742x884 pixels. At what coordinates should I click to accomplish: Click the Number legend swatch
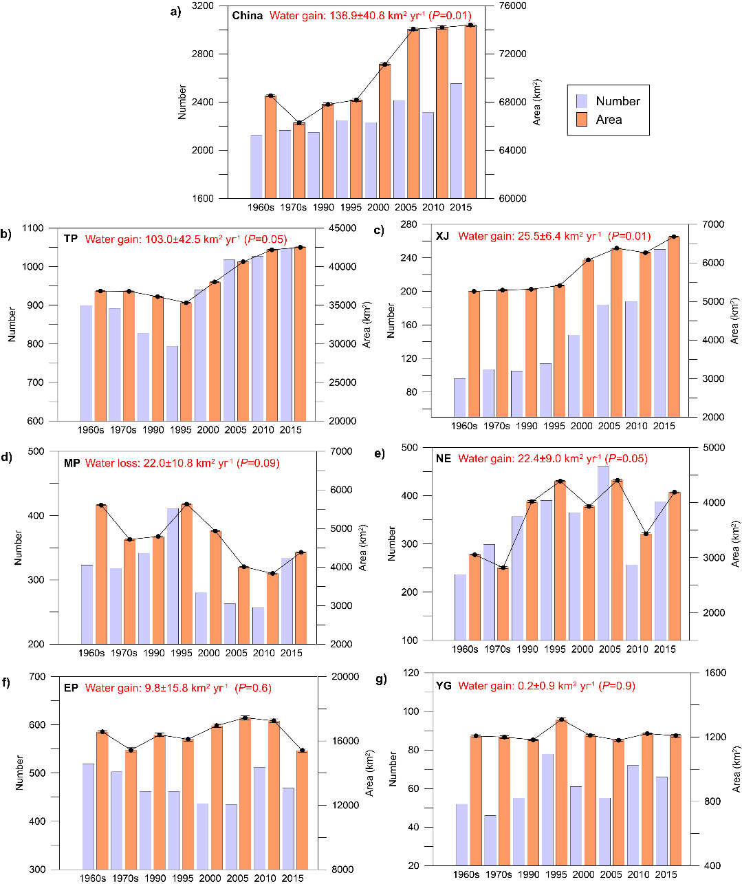tap(582, 101)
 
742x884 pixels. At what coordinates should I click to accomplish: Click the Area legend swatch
tap(582, 120)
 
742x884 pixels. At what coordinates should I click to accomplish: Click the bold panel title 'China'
tap(248, 15)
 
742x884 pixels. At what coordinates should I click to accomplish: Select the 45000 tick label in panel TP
tap(342, 228)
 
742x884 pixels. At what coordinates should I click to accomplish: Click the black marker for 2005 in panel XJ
tap(616, 248)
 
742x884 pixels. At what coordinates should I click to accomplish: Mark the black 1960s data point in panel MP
tap(101, 506)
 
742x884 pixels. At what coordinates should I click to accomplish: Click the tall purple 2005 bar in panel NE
tap(603, 553)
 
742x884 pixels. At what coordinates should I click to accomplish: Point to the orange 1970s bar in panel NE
tap(503, 603)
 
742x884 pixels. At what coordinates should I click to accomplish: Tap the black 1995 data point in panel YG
tap(561, 720)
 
